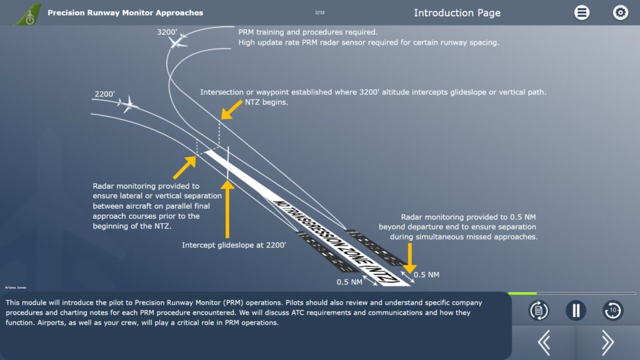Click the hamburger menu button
click(x=582, y=12)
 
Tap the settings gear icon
click(x=620, y=12)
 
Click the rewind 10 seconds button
click(x=612, y=311)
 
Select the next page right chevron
click(x=607, y=342)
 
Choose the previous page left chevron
click(x=544, y=342)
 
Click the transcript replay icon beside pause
click(x=538, y=311)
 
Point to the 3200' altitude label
click(x=167, y=32)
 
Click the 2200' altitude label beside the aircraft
click(x=104, y=94)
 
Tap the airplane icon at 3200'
click(x=178, y=40)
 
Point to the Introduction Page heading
click(x=457, y=12)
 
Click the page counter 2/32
click(x=320, y=12)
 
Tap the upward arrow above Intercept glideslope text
click(x=229, y=206)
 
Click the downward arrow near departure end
click(x=409, y=257)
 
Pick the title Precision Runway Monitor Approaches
click(x=125, y=12)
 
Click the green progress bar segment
click(x=522, y=293)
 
